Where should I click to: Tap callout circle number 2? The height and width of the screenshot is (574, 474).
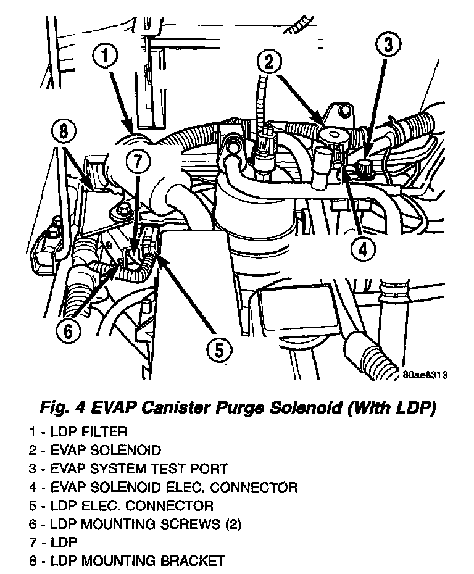point(270,61)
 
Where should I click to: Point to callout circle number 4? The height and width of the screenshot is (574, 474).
point(362,249)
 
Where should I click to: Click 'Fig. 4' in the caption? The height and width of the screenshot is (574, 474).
point(62,407)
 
